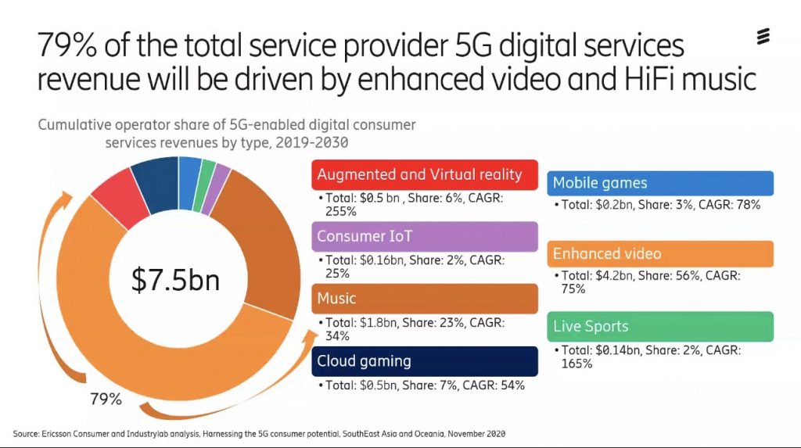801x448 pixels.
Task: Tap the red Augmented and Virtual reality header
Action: point(426,174)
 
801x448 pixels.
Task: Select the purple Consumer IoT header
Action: point(426,236)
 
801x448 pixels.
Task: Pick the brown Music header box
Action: point(426,298)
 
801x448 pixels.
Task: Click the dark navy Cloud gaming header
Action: point(426,361)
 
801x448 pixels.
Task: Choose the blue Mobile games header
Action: point(659,184)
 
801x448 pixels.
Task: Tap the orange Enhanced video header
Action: point(659,253)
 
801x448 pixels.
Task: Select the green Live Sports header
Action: point(659,326)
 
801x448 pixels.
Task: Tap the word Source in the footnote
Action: point(27,433)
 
